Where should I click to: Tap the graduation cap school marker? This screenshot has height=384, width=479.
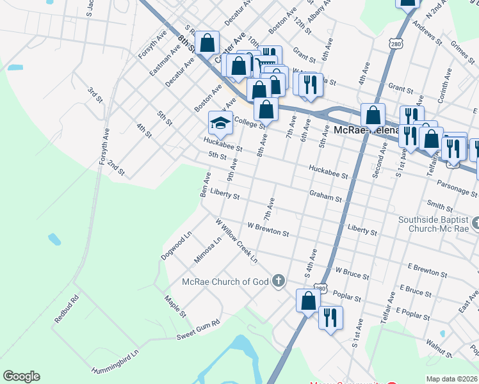[x=220, y=122]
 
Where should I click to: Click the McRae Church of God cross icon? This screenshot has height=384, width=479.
[x=279, y=280]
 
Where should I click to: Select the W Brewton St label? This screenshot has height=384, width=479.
[x=268, y=230]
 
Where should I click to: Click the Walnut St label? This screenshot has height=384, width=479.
[x=440, y=349]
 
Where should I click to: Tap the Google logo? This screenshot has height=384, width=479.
[x=21, y=376]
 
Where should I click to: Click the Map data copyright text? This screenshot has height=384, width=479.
[x=452, y=379]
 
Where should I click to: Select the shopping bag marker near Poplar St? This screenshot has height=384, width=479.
[x=308, y=301]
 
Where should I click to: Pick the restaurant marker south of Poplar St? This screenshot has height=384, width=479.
[x=330, y=317]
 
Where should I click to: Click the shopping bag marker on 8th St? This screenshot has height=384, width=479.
[x=207, y=44]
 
